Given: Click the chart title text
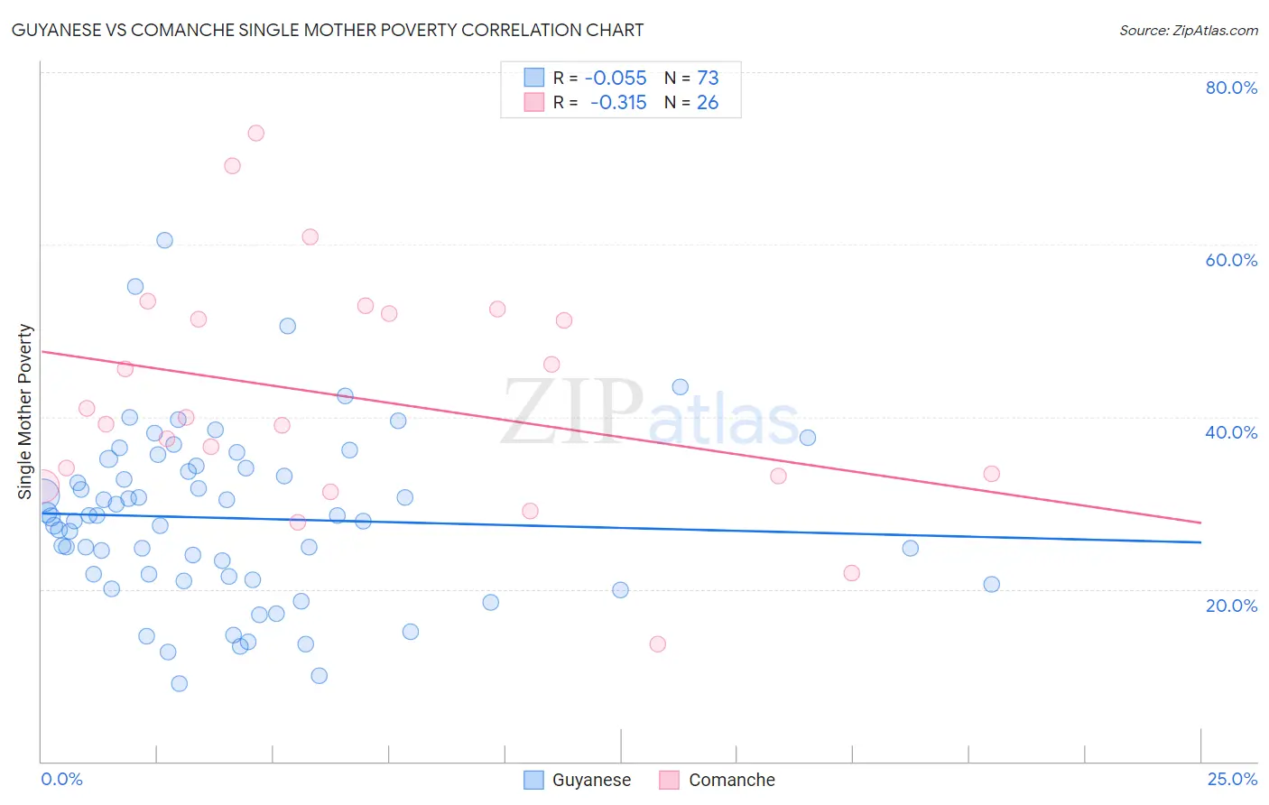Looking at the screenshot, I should [328, 30].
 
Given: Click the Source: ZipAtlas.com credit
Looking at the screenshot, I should [1188, 31].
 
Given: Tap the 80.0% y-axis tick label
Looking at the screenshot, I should [1231, 88].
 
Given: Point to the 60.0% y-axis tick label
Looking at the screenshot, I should [1231, 260].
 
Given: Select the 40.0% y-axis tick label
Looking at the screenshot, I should [1231, 432].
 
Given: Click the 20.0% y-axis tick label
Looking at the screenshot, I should [1231, 606].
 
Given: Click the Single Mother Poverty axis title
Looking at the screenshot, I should [25, 412].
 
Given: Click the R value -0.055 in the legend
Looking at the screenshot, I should [616, 79].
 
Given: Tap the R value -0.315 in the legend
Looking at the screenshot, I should [618, 103].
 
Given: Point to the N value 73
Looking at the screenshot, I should [708, 79].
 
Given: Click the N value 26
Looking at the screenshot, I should [708, 103].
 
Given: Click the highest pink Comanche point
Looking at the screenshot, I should [256, 133].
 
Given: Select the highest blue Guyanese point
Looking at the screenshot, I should [164, 240].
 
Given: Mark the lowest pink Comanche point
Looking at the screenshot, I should [658, 644].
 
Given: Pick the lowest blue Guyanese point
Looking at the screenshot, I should [180, 684].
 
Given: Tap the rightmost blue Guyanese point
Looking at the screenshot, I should [992, 584].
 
